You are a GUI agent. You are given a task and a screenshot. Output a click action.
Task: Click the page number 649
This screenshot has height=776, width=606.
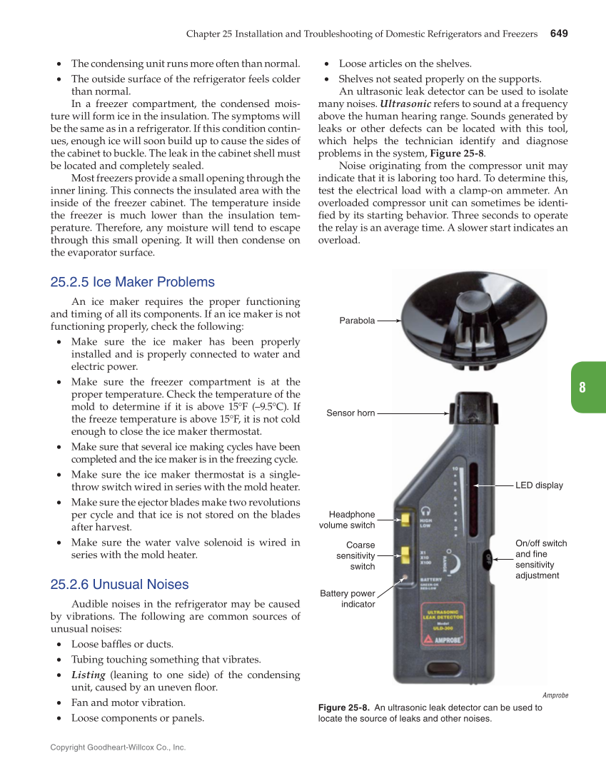(559, 34)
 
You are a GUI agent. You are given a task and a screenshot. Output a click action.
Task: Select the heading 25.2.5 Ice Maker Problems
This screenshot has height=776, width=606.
(132, 282)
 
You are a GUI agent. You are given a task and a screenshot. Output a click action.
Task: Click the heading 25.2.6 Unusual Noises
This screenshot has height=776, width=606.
(119, 585)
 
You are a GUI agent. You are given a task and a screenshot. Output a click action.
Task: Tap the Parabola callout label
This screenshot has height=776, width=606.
(357, 321)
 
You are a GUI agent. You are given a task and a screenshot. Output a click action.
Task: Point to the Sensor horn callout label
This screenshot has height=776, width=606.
(350, 413)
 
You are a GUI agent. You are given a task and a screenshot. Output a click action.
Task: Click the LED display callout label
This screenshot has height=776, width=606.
(539, 485)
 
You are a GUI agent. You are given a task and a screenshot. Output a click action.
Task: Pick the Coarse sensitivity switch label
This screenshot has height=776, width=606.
(355, 555)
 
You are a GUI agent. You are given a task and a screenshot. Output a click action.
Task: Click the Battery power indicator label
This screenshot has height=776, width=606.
(348, 598)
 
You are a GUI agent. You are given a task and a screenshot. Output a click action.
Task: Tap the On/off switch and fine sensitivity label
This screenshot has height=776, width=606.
(540, 559)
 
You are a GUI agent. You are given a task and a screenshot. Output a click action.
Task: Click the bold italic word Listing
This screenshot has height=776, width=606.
(89, 675)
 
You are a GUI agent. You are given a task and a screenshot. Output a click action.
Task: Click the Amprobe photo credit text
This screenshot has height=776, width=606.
(555, 695)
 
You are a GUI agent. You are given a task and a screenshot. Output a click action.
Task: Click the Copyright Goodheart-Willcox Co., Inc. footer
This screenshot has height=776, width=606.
(118, 747)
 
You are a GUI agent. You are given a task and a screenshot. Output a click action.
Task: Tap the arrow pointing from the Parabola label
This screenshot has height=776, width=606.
(389, 321)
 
